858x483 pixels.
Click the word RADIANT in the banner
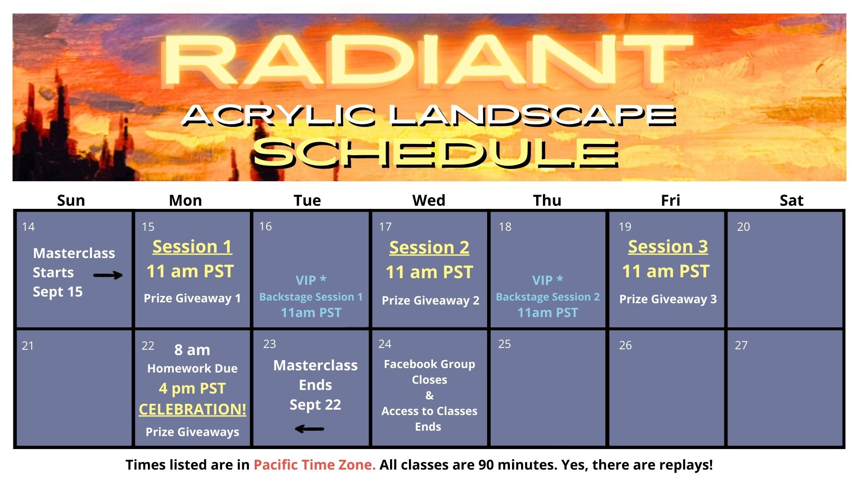(x=427, y=60)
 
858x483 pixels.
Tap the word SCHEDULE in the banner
(x=436, y=153)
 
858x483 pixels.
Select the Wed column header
(x=429, y=200)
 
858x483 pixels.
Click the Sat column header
(x=791, y=200)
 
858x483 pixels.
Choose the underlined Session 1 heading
(x=192, y=247)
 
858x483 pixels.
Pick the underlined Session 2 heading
(x=429, y=247)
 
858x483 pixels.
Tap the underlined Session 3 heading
(x=668, y=247)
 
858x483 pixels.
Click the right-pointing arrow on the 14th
(x=108, y=275)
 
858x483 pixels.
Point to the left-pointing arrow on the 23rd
(x=309, y=429)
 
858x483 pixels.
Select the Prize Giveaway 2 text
(x=430, y=301)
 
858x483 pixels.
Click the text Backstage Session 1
(x=311, y=297)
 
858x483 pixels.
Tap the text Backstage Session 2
(x=548, y=297)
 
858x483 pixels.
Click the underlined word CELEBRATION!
(x=192, y=409)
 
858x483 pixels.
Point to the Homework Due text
(x=192, y=369)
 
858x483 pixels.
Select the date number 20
(x=743, y=227)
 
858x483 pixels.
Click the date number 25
(x=505, y=344)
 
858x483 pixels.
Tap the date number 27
(x=741, y=345)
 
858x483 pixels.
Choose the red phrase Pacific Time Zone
(x=315, y=465)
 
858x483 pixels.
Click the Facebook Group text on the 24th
(x=429, y=364)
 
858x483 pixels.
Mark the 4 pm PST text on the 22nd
(x=192, y=388)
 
